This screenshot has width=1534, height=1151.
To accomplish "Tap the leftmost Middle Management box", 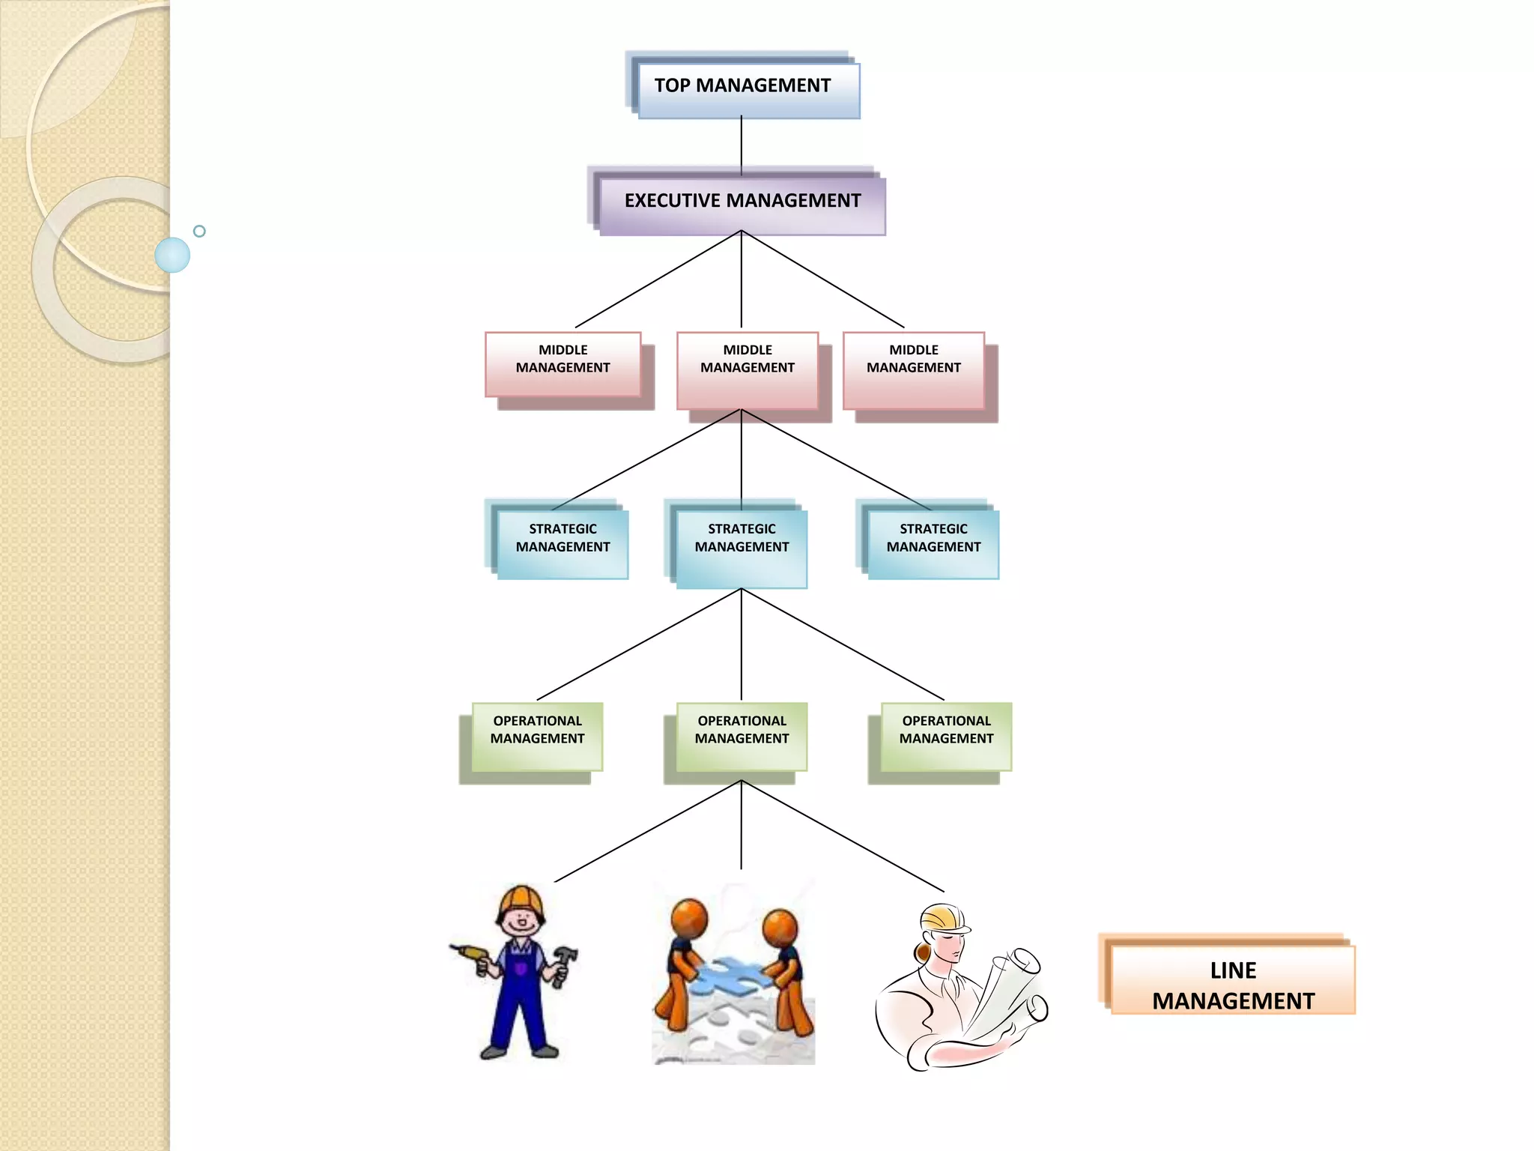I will point(563,363).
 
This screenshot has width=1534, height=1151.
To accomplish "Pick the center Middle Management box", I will point(747,369).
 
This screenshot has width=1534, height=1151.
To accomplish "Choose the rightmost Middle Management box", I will point(913,369).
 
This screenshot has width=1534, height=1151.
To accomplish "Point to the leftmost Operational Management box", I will point(537,735).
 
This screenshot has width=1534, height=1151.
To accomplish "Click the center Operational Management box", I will point(742,735).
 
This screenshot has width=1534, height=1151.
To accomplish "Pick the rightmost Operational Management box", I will point(946,735).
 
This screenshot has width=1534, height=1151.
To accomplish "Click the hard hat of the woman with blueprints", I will point(944,917).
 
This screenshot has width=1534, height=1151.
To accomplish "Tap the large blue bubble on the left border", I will point(172,255).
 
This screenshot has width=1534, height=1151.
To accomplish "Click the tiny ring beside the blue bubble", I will point(199,231).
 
